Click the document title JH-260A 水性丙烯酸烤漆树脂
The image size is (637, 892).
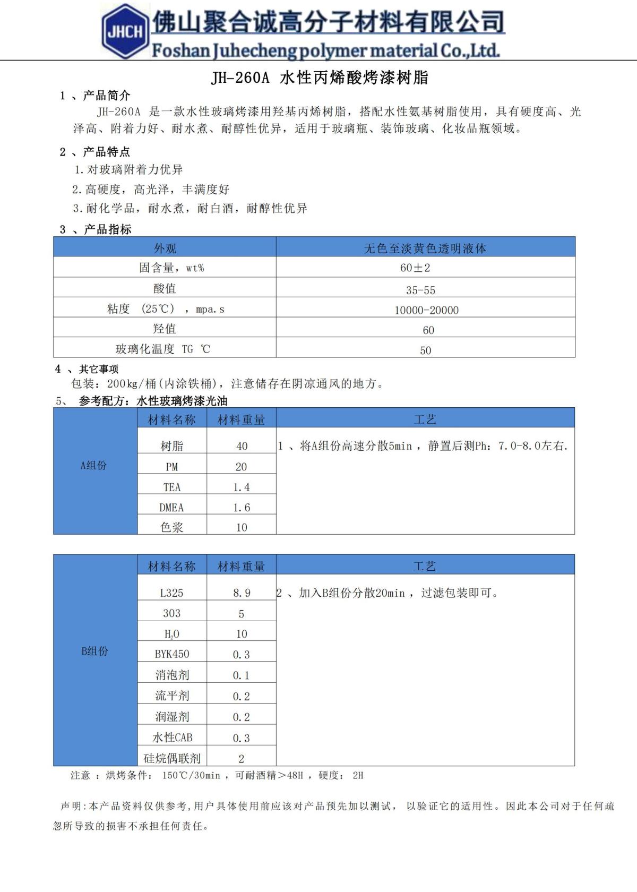point(320,78)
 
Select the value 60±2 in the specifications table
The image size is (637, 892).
point(415,268)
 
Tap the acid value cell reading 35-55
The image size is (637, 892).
point(420,290)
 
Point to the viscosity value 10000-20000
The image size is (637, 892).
point(426,310)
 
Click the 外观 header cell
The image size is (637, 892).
point(165,248)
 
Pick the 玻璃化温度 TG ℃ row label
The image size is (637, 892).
point(163,349)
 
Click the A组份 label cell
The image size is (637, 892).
point(94,466)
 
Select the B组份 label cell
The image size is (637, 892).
point(94,651)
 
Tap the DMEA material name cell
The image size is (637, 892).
point(171,508)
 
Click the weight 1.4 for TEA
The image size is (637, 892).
point(242,487)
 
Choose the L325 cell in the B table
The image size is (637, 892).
point(171,593)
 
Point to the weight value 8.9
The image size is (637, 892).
point(242,593)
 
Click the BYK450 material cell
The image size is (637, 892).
point(171,654)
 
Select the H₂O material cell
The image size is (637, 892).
point(171,634)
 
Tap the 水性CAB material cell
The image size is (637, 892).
point(172,737)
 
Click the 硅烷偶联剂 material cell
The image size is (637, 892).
point(172,758)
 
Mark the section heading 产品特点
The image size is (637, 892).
point(106,152)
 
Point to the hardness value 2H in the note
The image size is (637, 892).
point(358,776)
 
